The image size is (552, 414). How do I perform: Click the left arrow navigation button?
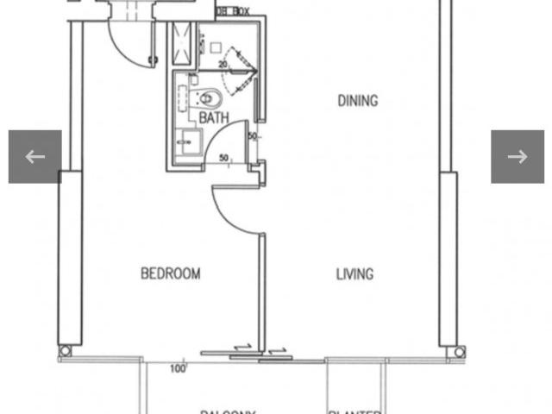point(34,156)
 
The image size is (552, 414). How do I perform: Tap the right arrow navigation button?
point(517,156)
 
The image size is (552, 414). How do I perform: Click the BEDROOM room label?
point(171,273)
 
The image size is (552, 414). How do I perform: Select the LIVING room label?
point(354,274)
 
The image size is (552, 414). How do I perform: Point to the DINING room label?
point(357,101)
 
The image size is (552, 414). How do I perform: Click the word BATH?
point(213,116)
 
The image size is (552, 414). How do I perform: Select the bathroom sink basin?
point(186,141)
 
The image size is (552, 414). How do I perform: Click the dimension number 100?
point(179,369)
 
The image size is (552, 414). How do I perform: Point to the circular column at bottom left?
point(65,351)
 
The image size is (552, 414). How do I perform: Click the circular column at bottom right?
point(460,351)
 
